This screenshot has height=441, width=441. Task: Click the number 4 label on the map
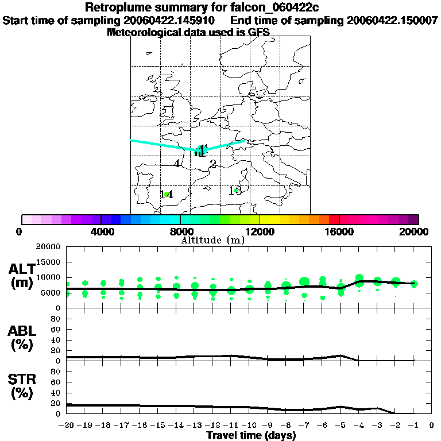177,164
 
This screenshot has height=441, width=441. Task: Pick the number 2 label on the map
213,164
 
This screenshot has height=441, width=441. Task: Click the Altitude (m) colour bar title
212,240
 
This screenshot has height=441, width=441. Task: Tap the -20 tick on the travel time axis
67,425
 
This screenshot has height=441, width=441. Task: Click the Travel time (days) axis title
251,435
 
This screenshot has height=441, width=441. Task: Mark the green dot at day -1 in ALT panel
414,284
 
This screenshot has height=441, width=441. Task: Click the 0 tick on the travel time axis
432,425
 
